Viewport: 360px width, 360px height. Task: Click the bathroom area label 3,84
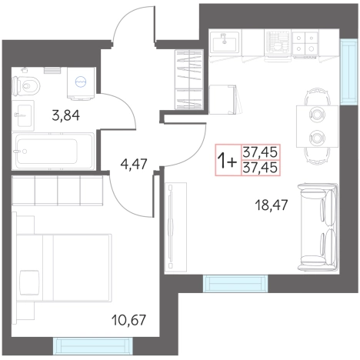(65, 115)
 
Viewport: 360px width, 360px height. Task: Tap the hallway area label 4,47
(134, 164)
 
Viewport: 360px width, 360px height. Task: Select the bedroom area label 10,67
(128, 320)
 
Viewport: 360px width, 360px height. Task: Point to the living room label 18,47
(272, 205)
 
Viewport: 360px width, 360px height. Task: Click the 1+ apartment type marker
(226, 161)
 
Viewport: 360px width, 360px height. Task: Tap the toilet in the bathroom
(26, 85)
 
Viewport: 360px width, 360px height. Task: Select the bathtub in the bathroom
(53, 151)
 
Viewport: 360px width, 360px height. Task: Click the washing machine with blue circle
(81, 82)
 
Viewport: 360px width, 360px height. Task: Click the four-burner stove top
(305, 43)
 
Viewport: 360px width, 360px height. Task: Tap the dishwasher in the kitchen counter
(278, 45)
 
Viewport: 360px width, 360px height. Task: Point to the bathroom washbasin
(23, 115)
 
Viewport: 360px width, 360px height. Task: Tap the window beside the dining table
(348, 72)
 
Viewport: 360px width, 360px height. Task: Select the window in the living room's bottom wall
(235, 283)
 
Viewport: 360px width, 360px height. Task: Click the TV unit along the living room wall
(175, 227)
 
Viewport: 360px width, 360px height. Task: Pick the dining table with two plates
(318, 126)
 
